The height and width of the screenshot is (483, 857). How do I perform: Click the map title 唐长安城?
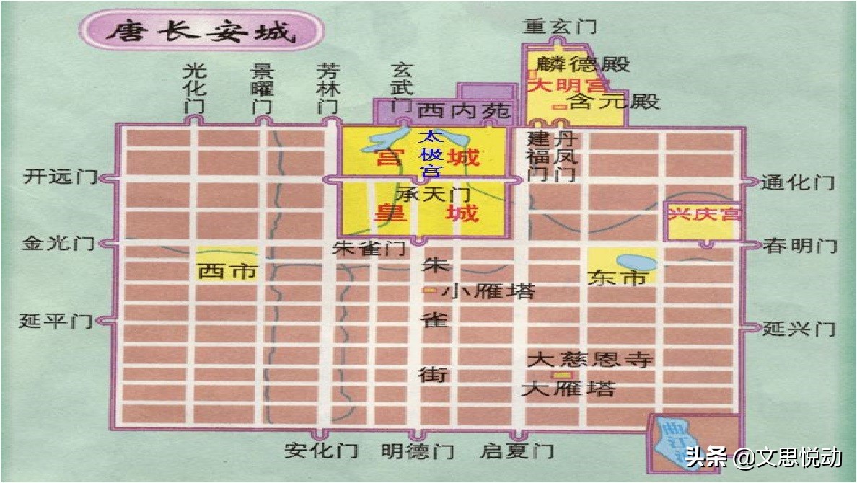201,32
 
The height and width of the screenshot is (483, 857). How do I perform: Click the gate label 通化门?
798,182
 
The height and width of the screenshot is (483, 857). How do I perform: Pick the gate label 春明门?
800,246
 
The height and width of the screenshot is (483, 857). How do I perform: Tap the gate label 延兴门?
799,329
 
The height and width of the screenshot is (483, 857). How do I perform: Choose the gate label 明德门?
418,452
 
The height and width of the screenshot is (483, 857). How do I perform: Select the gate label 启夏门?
517,452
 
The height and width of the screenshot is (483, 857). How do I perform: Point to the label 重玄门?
561,27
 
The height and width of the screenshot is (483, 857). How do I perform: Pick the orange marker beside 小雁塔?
429,291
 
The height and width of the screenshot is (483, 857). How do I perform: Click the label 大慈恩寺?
589,360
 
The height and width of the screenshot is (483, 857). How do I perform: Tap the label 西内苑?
464,112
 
